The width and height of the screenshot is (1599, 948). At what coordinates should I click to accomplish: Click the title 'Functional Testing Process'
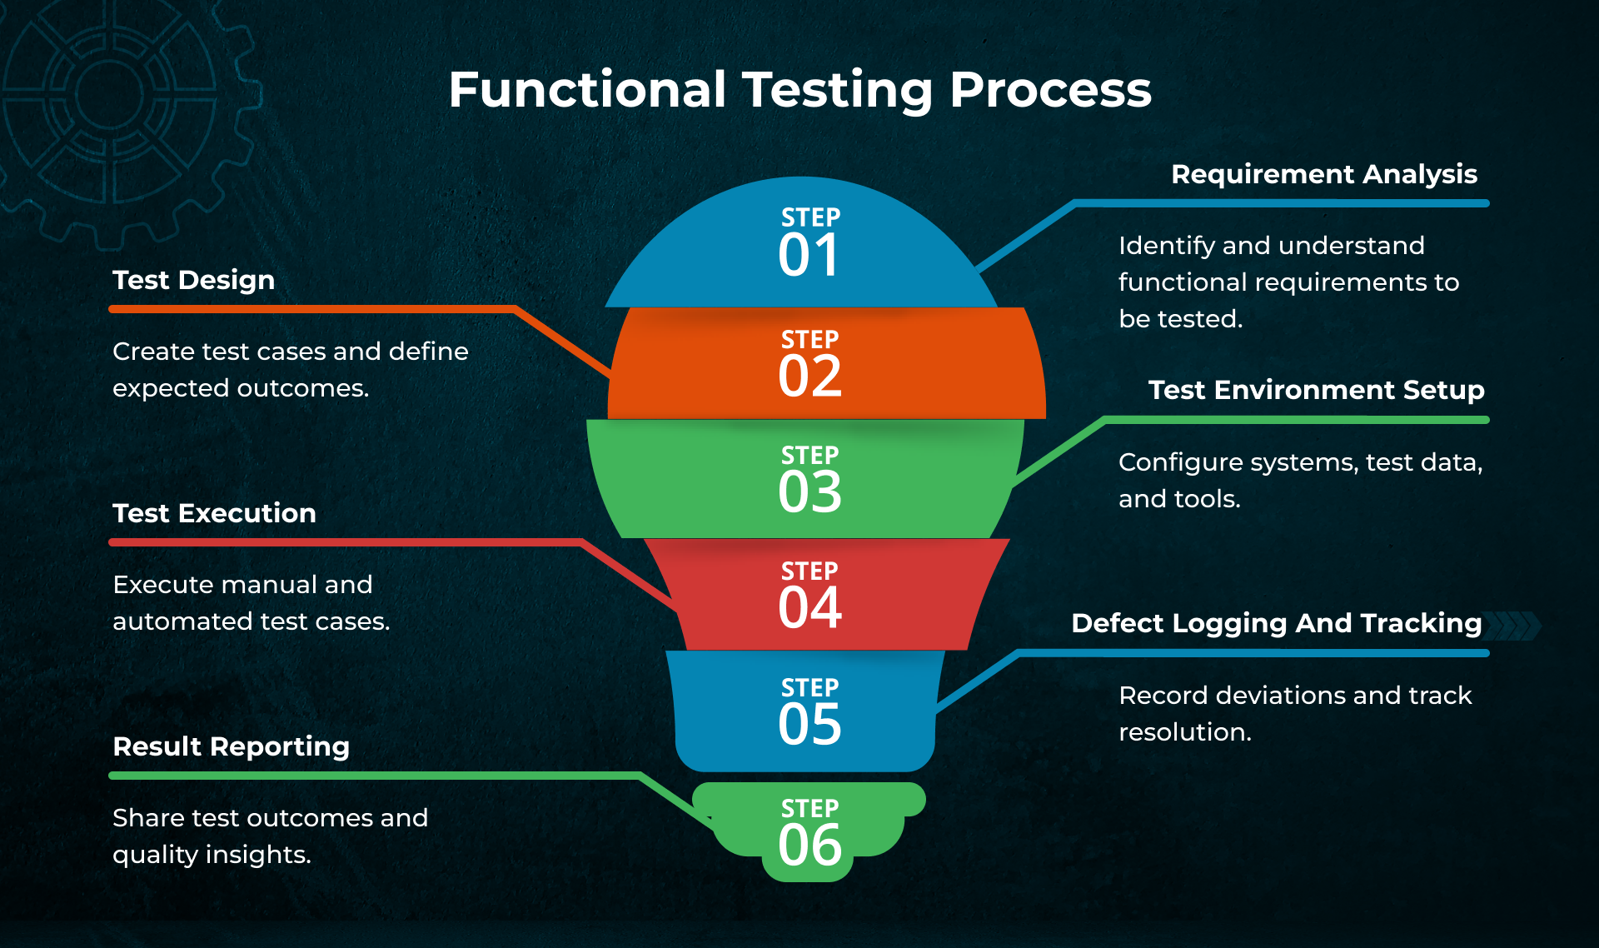799,89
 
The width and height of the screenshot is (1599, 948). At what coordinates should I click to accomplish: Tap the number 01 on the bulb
809,255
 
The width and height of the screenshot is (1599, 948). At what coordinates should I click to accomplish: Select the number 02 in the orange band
809,376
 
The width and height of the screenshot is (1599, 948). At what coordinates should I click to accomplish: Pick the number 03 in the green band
809,491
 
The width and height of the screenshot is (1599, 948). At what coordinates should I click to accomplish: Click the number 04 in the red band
809,607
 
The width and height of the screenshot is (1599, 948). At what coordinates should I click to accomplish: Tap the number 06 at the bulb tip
809,845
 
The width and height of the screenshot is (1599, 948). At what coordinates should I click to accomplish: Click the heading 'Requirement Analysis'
1323,174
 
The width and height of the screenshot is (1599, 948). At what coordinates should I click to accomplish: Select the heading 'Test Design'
193,280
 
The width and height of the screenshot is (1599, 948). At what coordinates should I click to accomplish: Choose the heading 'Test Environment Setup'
1316,390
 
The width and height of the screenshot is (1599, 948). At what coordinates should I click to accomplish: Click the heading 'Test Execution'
214,513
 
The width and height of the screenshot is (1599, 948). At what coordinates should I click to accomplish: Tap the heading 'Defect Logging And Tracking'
1276,623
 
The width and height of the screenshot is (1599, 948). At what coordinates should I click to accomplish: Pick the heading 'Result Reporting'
231,746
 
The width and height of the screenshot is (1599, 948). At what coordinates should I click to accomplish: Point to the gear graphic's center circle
109,92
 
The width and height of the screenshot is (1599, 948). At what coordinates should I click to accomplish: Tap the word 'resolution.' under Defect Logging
1184,732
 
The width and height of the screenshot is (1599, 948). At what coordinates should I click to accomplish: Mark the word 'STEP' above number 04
809,571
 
